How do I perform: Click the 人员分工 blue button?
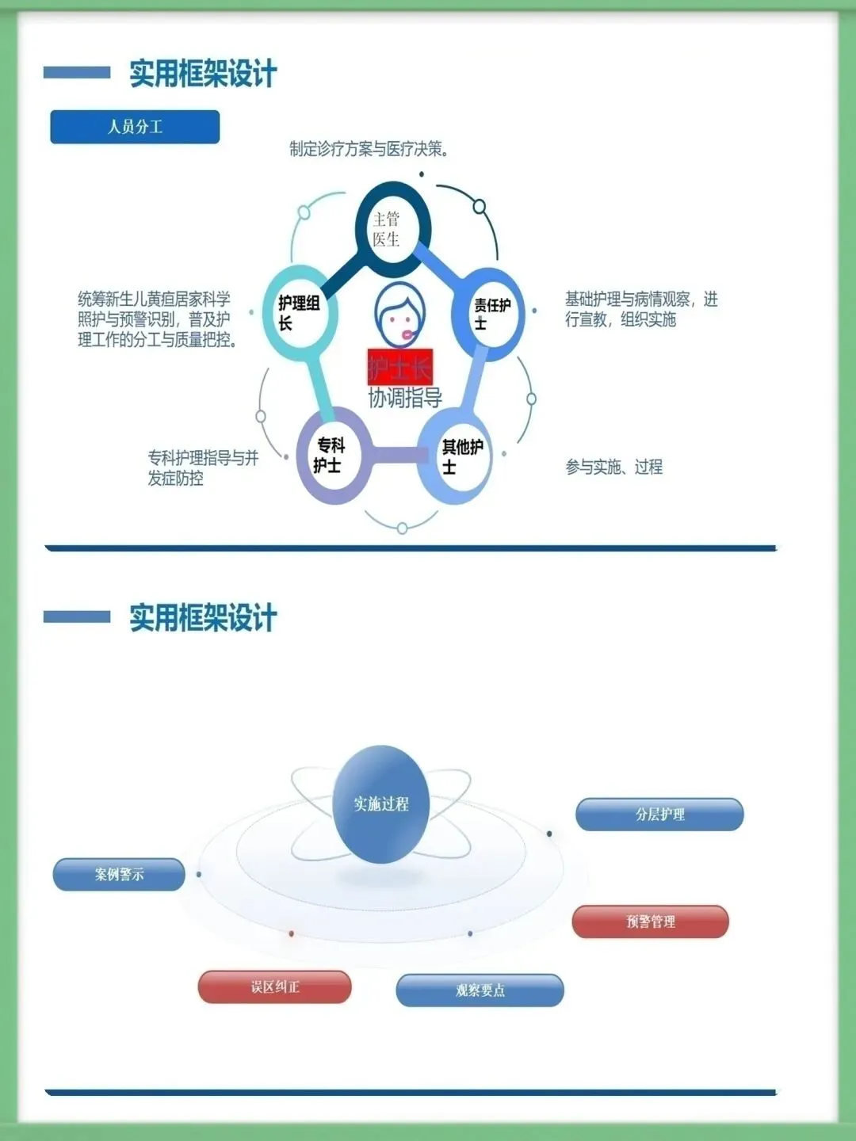click(135, 127)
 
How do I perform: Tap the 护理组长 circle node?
click(300, 314)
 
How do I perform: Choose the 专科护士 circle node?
click(332, 456)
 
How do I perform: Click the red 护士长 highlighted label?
click(399, 367)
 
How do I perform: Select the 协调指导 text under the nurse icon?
click(405, 398)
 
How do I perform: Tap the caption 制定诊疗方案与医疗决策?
click(369, 149)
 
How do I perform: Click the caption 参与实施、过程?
click(613, 467)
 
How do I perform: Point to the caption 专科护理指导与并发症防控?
click(203, 467)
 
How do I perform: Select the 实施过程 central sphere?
click(381, 804)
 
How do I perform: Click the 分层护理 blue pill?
click(659, 815)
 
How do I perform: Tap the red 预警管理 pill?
click(650, 922)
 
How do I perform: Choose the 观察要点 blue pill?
click(480, 990)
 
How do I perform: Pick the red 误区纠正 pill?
click(274, 987)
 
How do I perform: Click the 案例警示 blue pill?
click(119, 875)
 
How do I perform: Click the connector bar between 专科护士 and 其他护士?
click(395, 455)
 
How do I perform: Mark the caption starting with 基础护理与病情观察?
click(640, 309)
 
